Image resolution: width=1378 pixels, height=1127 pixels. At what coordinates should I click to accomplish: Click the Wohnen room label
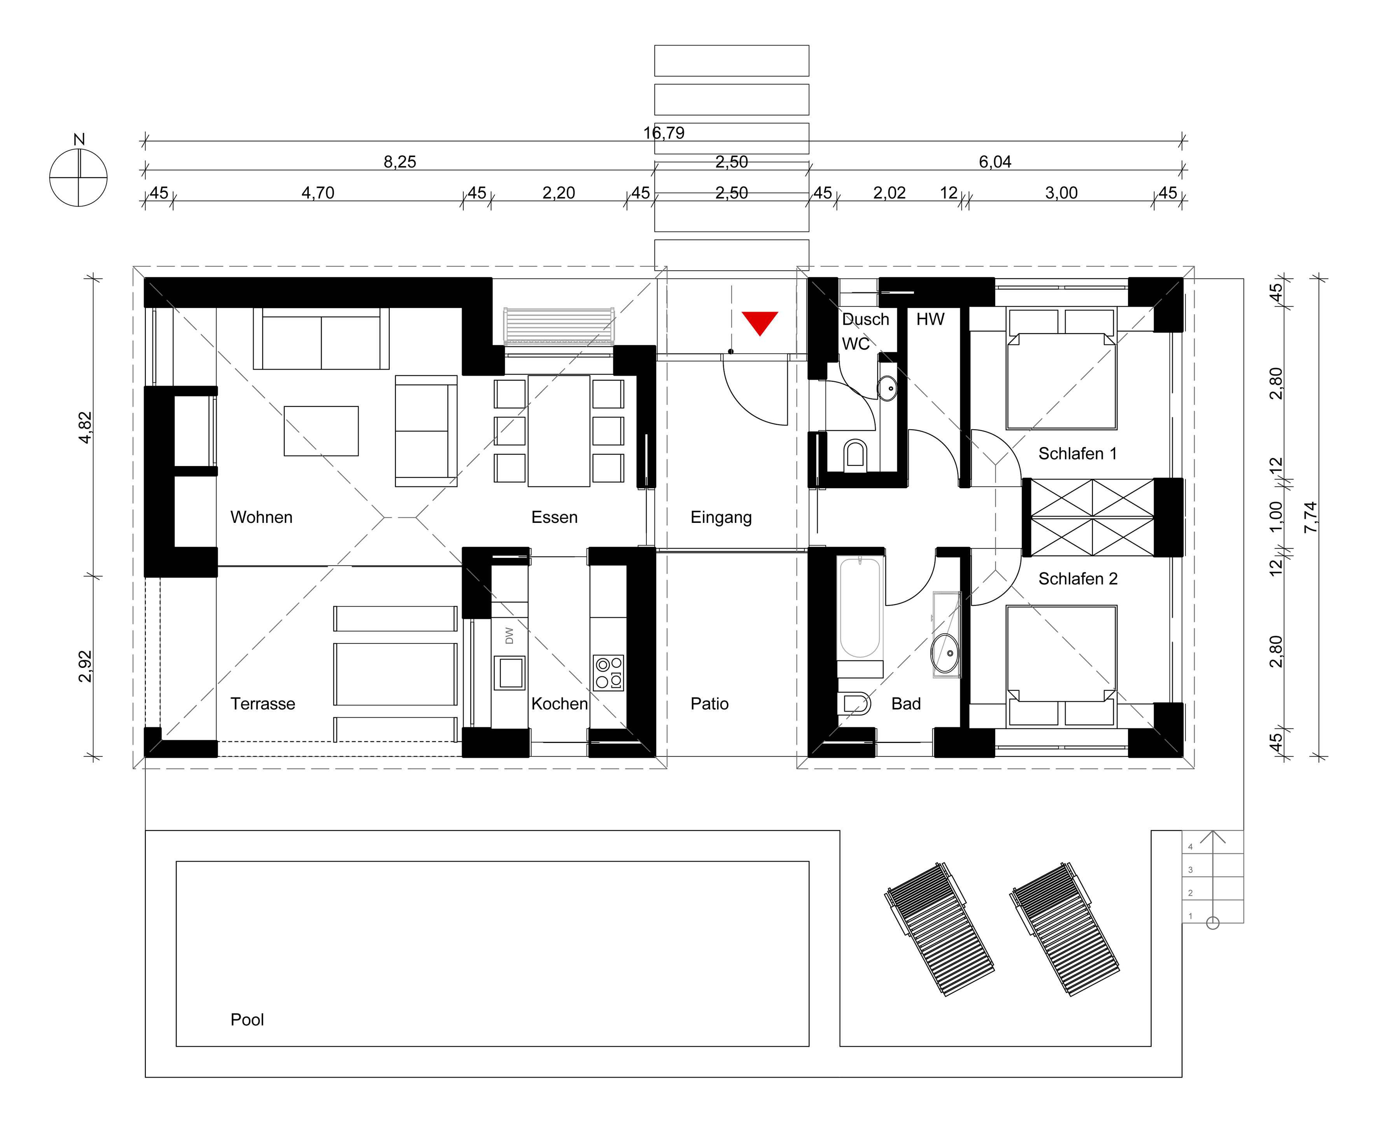[x=262, y=517]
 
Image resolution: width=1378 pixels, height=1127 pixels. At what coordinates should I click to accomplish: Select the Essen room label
[x=555, y=517]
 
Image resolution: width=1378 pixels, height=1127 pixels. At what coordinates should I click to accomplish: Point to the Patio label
[x=710, y=704]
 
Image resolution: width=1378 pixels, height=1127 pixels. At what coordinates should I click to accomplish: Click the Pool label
[x=247, y=1020]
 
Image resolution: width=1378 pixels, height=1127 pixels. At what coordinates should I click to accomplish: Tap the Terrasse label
[x=263, y=704]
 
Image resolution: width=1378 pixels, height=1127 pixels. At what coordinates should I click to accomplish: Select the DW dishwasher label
[x=509, y=636]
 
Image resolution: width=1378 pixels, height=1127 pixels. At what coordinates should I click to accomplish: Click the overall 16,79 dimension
[x=664, y=133]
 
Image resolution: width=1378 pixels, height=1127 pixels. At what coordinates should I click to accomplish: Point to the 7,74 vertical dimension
[x=1310, y=517]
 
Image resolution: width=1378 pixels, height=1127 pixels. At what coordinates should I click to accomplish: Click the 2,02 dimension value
[x=889, y=193]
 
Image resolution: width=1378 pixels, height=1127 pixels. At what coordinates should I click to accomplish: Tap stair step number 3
[x=1190, y=870]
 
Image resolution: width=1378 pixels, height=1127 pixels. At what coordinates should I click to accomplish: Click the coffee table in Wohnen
[x=321, y=431]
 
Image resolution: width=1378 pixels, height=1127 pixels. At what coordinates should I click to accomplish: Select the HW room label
[x=931, y=320]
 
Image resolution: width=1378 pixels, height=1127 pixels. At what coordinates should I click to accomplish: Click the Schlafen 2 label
[x=1078, y=579]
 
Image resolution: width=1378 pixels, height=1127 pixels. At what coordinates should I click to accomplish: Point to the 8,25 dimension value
[x=400, y=162]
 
